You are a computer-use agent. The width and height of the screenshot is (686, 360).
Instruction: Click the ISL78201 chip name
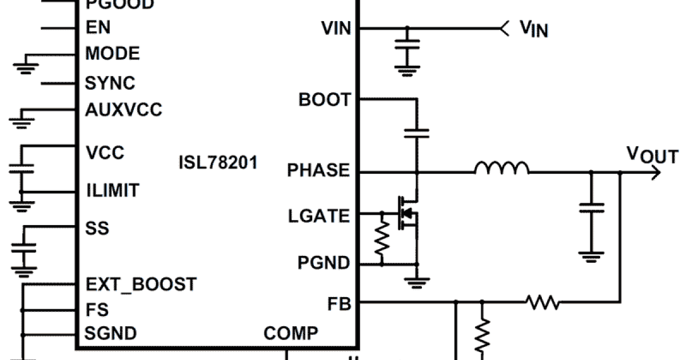point(218,163)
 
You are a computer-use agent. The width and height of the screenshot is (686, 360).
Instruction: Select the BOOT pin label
point(324,99)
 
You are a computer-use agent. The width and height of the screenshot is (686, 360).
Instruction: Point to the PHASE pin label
point(318,170)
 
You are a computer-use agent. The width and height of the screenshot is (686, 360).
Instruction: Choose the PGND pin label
point(324,263)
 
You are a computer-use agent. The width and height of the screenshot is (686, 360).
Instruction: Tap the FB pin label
point(340,302)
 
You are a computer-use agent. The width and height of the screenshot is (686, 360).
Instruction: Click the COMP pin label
point(292,333)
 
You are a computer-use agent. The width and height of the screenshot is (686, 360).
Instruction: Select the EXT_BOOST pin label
point(141,284)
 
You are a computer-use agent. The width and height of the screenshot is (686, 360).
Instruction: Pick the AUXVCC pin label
point(123,109)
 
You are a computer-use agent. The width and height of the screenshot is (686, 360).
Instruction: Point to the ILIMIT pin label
point(112,190)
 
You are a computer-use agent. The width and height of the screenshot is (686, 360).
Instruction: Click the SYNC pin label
point(110,83)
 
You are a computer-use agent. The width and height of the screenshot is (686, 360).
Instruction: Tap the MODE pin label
point(112,54)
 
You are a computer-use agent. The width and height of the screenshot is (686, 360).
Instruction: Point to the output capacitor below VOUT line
point(591,209)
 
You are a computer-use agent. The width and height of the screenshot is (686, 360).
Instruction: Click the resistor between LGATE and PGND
point(381,240)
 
